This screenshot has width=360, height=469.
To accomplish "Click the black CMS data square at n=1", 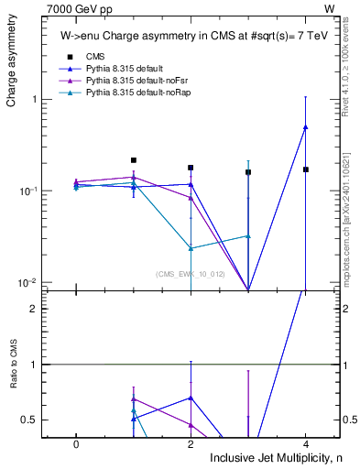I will [x=134, y=160].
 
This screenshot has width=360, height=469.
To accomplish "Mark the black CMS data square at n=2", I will [x=191, y=168].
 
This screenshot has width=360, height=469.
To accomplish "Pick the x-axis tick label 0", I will [x=76, y=442].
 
